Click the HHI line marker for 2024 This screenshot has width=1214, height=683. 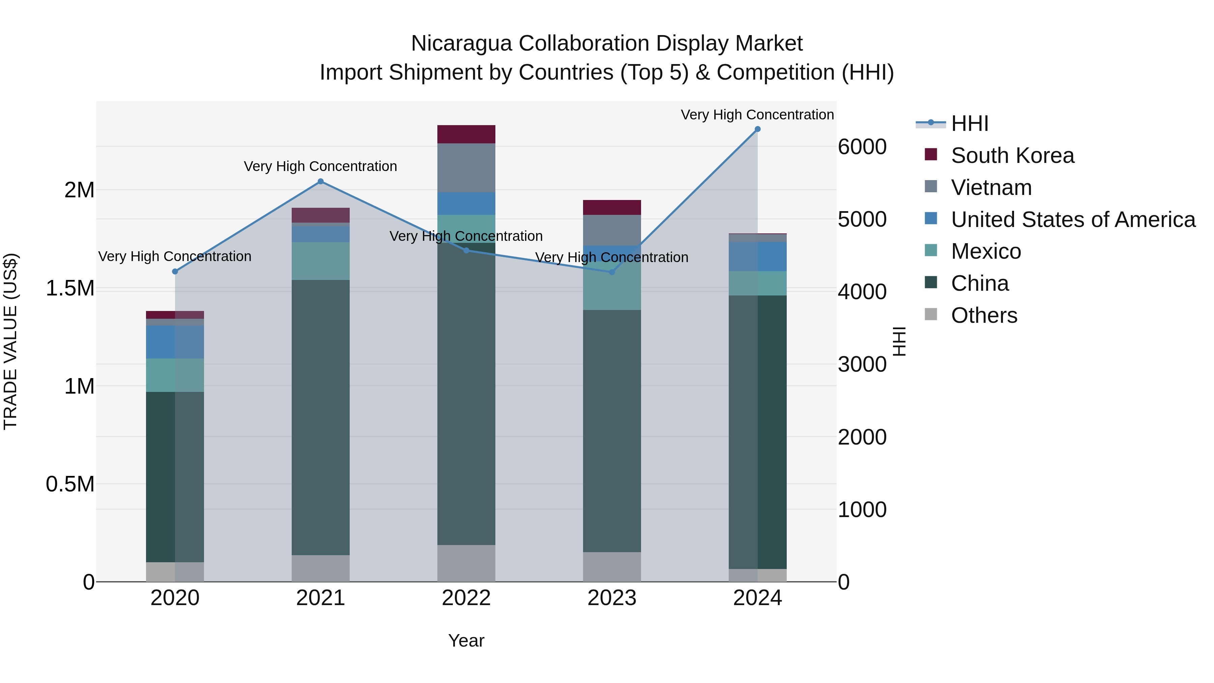(757, 129)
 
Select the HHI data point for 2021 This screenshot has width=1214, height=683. (320, 181)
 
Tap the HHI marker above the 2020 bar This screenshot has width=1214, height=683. (175, 272)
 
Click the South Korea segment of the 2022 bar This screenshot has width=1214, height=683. (466, 134)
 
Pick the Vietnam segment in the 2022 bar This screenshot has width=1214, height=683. (466, 168)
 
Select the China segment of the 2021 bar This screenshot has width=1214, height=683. (320, 417)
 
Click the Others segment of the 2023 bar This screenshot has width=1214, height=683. (612, 567)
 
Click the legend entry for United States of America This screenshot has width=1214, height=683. (1073, 220)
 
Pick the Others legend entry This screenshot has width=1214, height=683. (984, 315)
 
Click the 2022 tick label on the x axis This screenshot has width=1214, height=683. (466, 598)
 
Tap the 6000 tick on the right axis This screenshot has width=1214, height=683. (862, 147)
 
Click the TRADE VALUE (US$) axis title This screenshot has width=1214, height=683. (10, 341)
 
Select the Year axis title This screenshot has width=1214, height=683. (466, 641)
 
